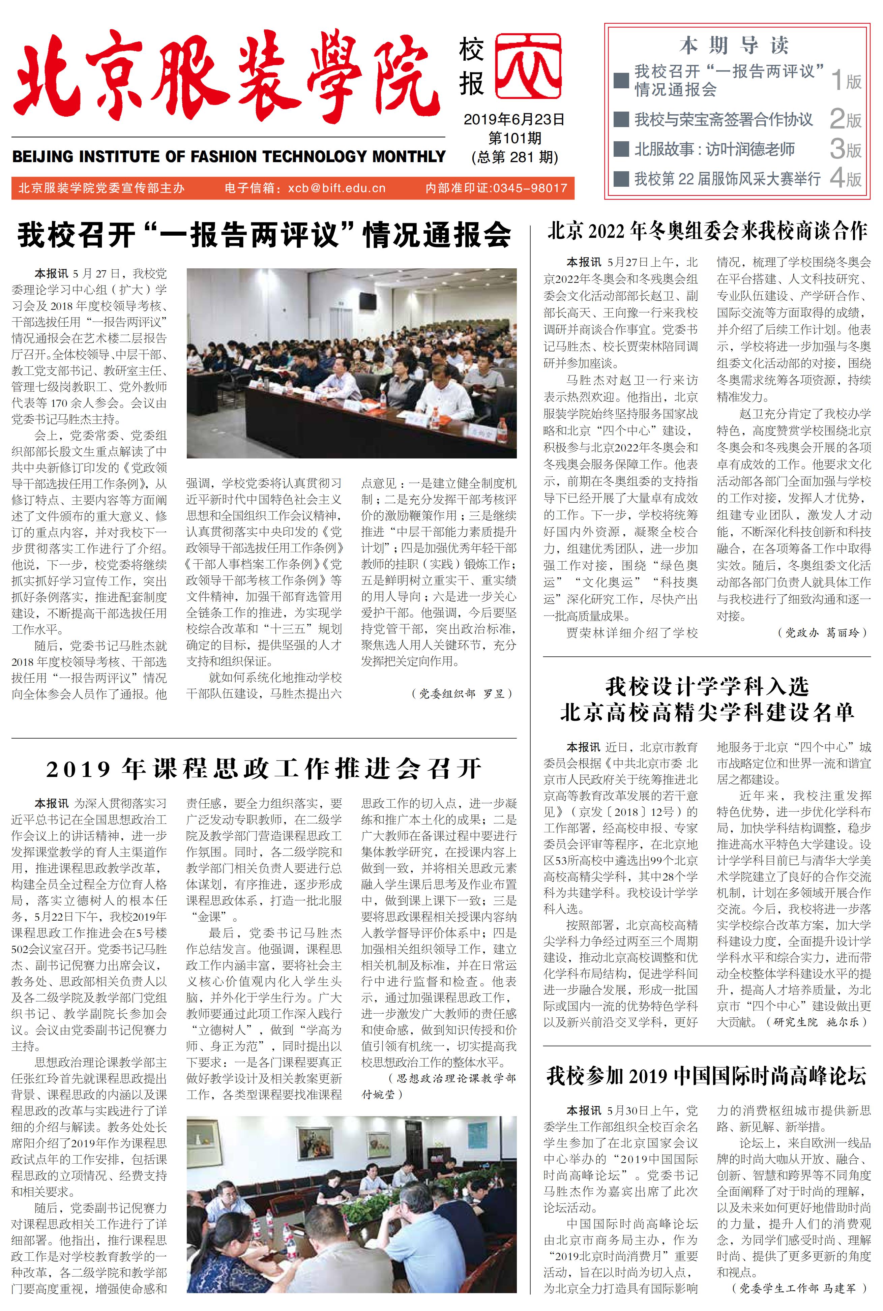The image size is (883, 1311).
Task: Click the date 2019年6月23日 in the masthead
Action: pyautogui.click(x=513, y=119)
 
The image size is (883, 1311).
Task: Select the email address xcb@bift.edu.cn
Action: pyautogui.click(x=337, y=188)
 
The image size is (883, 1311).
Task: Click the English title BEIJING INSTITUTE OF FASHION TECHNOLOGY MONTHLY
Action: pyautogui.click(x=229, y=156)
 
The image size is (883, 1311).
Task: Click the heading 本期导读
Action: pyautogui.click(x=733, y=45)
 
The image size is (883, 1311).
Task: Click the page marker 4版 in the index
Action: pyautogui.click(x=846, y=179)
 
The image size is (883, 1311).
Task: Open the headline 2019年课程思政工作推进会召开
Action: pyautogui.click(x=264, y=769)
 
